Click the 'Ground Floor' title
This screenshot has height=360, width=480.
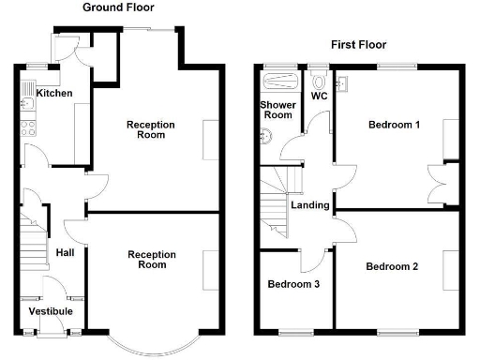coord(119,7)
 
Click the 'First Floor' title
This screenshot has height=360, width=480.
coord(358,44)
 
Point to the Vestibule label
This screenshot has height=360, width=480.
coord(51,311)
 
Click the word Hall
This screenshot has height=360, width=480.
coord(65,253)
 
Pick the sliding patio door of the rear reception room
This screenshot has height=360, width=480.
coord(148,31)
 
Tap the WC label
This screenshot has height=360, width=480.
coord(319,96)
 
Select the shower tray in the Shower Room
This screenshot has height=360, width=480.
coord(277,80)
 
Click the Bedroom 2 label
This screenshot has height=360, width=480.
coord(392,266)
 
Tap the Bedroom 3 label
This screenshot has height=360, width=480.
coord(294,284)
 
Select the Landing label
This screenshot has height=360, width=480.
coord(309,205)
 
